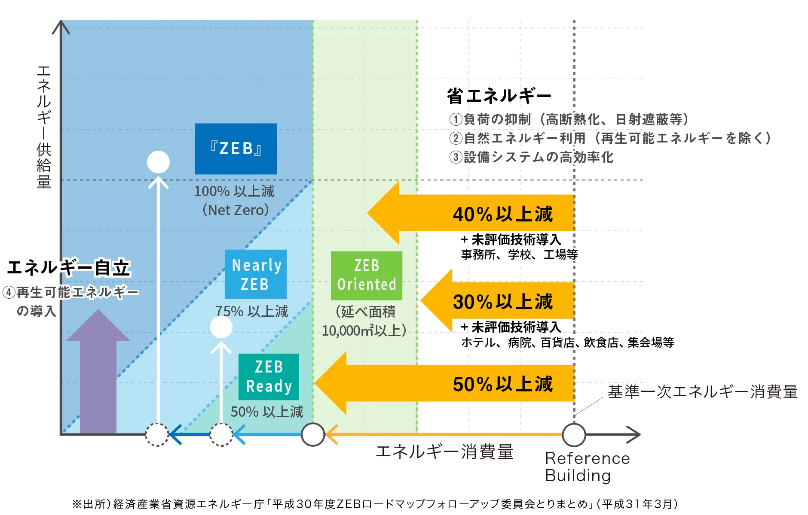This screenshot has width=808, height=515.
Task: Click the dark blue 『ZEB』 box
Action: pyautogui.click(x=236, y=148)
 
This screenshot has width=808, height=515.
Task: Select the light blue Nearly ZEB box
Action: pyautogui.click(x=256, y=274)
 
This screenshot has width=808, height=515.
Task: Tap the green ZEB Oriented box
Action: pyautogui.click(x=366, y=276)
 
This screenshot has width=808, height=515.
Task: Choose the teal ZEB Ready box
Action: pyautogui.click(x=269, y=376)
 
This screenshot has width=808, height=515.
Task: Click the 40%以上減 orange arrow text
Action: pyautogui.click(x=502, y=214)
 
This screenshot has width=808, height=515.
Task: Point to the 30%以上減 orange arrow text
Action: pyautogui.click(x=502, y=302)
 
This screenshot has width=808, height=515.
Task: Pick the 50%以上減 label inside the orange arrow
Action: pyautogui.click(x=502, y=384)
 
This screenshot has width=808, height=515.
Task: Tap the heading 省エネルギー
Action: pyautogui.click(x=499, y=96)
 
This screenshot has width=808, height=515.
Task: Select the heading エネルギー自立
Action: pyautogui.click(x=69, y=267)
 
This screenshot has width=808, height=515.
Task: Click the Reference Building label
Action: pyautogui.click(x=587, y=467)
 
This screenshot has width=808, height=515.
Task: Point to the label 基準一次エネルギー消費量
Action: pyautogui.click(x=702, y=392)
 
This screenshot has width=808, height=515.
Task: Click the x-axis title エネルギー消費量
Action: pyautogui.click(x=444, y=452)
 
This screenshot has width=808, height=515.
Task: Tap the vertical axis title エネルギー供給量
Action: pyautogui.click(x=44, y=127)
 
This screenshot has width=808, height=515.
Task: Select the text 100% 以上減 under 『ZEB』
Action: pyautogui.click(x=234, y=191)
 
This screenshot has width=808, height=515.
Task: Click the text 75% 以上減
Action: pyautogui.click(x=251, y=311)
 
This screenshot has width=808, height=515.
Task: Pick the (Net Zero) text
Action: pyautogui.click(x=236, y=210)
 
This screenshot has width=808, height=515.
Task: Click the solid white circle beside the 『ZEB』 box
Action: pyautogui.click(x=158, y=162)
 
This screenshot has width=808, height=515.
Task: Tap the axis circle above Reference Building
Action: pyautogui.click(x=574, y=435)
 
